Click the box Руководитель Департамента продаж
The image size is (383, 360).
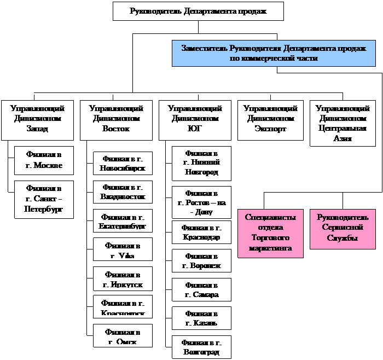(198, 11)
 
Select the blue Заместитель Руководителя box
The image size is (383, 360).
(270, 53)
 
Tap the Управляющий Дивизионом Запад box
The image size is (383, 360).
(37, 119)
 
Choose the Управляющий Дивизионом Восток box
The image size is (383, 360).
(116, 119)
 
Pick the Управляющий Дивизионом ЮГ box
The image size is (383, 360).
(195, 119)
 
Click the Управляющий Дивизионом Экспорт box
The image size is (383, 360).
(270, 119)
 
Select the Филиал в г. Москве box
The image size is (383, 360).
(44, 160)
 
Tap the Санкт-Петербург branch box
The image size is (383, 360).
(44, 200)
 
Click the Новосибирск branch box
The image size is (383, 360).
(123, 163)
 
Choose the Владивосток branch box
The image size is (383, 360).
(123, 191)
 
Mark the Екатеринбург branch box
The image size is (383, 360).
(123, 220)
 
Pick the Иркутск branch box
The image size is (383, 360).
(123, 279)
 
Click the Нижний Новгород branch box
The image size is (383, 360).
(201, 163)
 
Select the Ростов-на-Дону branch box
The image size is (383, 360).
(201, 202)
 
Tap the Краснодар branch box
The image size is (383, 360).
(201, 233)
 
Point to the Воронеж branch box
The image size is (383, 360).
(201, 261)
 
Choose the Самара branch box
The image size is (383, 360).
(201, 289)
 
